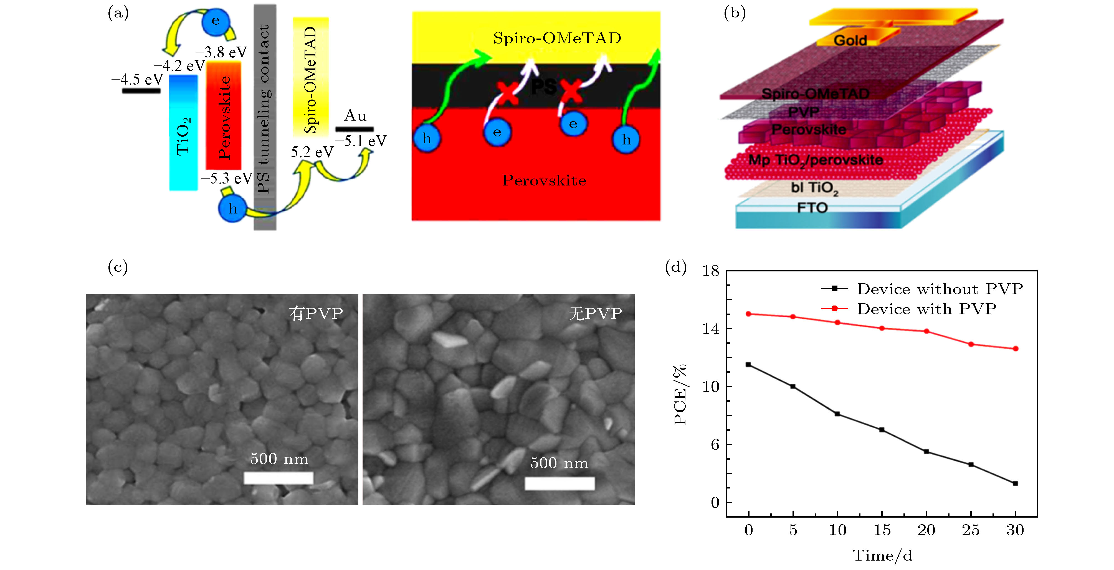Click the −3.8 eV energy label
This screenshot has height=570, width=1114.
click(x=221, y=52)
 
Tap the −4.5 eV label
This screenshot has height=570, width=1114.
click(x=138, y=80)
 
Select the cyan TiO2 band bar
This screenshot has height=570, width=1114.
click(x=183, y=133)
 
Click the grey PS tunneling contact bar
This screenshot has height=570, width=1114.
click(x=265, y=117)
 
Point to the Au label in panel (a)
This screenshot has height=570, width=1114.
click(x=355, y=116)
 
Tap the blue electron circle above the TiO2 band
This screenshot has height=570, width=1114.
click(x=215, y=21)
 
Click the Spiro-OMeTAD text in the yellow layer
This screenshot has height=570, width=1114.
click(x=557, y=38)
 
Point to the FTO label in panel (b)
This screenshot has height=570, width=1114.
click(x=812, y=208)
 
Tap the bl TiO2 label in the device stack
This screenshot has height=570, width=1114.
click(x=814, y=188)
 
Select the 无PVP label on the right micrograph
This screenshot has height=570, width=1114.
click(x=595, y=313)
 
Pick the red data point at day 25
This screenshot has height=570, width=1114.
click(x=971, y=344)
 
